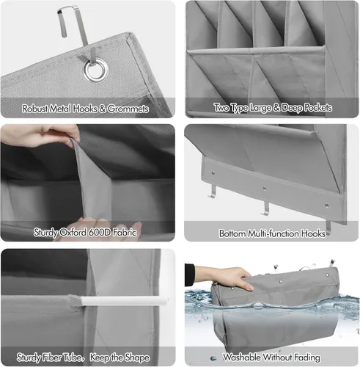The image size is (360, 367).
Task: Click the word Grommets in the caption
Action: pos(128,109)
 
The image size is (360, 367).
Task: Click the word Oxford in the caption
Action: pos(73,233)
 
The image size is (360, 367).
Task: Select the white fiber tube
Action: pos(125,301)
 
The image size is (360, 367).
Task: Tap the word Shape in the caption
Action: pos(136,357)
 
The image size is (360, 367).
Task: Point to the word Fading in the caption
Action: pos(307,357)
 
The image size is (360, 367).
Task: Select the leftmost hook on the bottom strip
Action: pos(213,192)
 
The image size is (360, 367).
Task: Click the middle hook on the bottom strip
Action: pos(265,208)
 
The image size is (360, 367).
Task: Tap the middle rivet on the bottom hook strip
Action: pos(265,189)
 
